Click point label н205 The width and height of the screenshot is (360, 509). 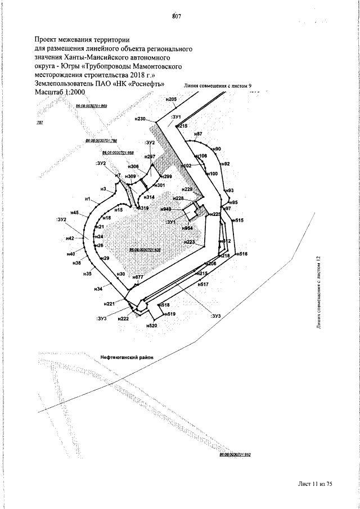click(x=172, y=100)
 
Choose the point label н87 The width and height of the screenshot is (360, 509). click(x=197, y=134)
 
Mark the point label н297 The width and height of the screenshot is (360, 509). click(x=150, y=157)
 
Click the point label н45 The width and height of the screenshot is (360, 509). click(x=77, y=213)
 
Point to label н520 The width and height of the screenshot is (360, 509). click(x=151, y=325)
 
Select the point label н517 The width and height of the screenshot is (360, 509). click(x=203, y=285)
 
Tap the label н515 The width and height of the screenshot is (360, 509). click(x=238, y=220)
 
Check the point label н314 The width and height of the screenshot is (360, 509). click(x=149, y=197)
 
